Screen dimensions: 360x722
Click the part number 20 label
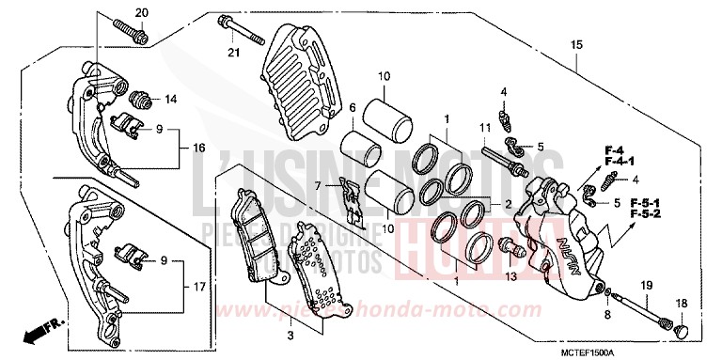(142, 12)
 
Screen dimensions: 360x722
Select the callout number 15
(576, 44)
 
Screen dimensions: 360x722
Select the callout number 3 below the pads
(289, 334)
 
